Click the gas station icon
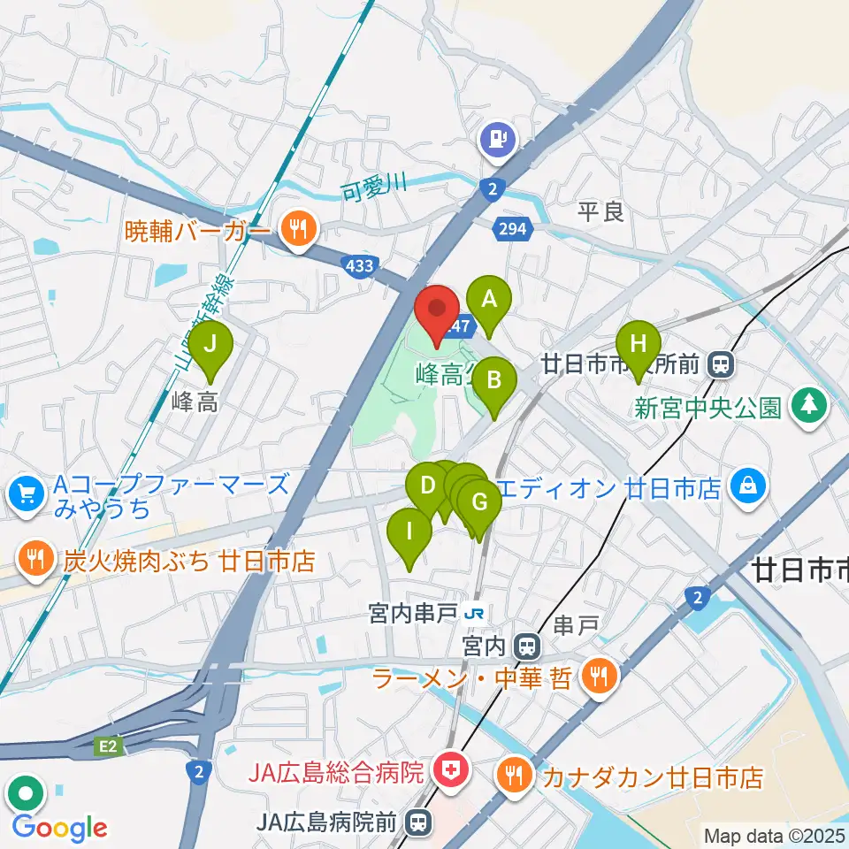498,139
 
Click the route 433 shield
361,264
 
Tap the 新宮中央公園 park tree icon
807,406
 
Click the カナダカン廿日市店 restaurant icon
514,776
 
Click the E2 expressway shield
108,748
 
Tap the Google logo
60,828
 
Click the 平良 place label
600,211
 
